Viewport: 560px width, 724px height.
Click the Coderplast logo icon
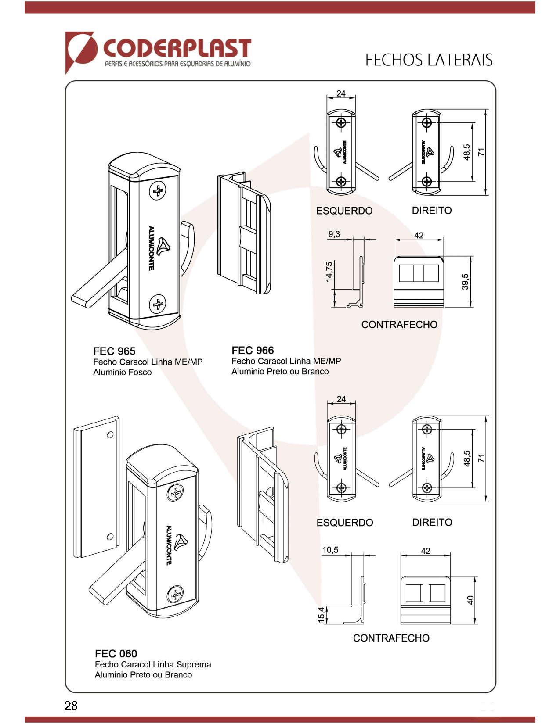[x=81, y=50]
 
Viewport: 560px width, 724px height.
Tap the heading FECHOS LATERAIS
[x=429, y=60]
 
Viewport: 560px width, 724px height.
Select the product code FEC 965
[x=114, y=351]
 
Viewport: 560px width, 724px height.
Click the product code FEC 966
[x=253, y=350]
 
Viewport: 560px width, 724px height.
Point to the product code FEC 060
[x=116, y=654]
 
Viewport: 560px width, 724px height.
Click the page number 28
[x=71, y=706]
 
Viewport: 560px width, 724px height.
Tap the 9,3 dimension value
[x=334, y=234]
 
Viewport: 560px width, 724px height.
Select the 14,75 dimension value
[x=329, y=272]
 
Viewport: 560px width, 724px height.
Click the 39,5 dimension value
[x=466, y=282]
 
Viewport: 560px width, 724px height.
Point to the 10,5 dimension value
[x=330, y=550]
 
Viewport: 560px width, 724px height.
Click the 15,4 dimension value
[x=322, y=615]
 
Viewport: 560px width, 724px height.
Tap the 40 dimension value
[x=470, y=600]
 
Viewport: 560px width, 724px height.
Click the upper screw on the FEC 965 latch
[x=158, y=191]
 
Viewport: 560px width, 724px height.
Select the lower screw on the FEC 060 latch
[x=176, y=595]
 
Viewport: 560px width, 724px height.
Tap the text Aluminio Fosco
[x=122, y=373]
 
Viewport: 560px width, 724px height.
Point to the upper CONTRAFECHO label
[x=399, y=325]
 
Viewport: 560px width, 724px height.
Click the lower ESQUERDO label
[x=345, y=523]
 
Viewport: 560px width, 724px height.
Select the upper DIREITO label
[x=432, y=211]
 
